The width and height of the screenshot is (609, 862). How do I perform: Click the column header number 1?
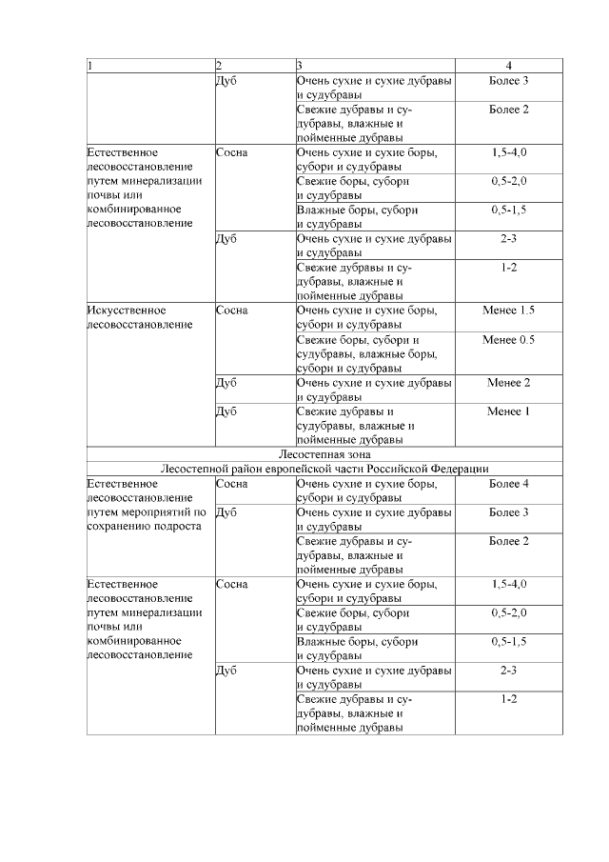click(x=89, y=66)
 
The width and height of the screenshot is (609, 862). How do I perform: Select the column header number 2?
click(x=219, y=66)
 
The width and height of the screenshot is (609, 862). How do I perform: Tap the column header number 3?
click(x=299, y=66)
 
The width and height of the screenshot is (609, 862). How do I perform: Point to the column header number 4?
click(x=509, y=66)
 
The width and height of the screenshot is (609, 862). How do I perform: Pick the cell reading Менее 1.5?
click(x=509, y=311)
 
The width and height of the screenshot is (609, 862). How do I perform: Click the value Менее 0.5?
click(x=509, y=339)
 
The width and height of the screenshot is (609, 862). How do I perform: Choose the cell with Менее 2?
click(x=509, y=383)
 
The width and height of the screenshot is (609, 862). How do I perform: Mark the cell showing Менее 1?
click(x=509, y=411)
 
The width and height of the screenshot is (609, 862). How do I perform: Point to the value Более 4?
click(x=509, y=484)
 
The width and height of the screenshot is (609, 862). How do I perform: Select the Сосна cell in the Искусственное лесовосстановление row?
click(x=232, y=311)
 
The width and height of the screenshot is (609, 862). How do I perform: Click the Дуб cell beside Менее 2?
click(x=226, y=383)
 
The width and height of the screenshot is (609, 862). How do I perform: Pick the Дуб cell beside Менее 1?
click(x=226, y=411)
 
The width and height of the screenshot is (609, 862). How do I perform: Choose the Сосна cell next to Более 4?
click(x=232, y=484)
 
